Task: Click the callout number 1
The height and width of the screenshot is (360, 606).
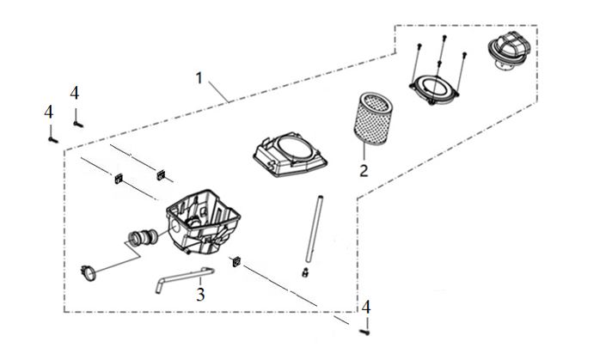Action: point(199,78)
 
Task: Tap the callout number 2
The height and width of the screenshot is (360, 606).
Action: point(364,170)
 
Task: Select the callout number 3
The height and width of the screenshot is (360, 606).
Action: point(200,295)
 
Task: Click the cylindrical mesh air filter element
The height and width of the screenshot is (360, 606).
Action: point(372,118)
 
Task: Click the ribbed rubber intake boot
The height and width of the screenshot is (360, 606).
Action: point(142,237)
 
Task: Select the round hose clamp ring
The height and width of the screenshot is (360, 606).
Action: point(89,272)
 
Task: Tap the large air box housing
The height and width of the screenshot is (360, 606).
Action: point(203,223)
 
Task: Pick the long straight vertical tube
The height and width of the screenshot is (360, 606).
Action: point(315,229)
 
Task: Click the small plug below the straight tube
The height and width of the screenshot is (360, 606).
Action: point(305,272)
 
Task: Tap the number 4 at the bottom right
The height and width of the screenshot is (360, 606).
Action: point(365,308)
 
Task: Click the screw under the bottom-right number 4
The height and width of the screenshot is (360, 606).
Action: point(364,333)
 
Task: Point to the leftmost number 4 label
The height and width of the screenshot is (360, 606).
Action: point(49,112)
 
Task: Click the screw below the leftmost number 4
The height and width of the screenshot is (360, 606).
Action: point(53,139)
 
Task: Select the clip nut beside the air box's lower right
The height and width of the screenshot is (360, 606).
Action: point(236,262)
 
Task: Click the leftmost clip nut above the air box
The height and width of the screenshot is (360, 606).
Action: point(119,179)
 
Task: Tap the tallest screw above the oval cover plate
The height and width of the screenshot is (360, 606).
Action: point(444,39)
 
